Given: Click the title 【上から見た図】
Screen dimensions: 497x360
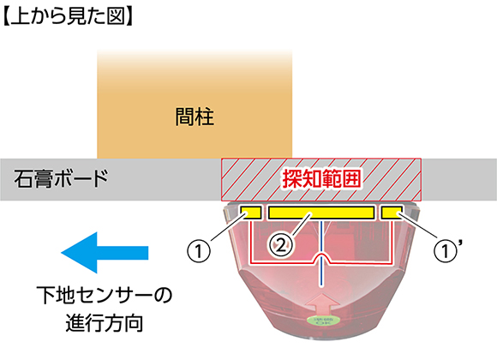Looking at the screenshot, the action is tap(67, 16).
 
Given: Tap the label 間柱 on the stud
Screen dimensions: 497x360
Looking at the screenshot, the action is tap(195, 117).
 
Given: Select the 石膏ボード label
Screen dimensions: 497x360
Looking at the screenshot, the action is tap(61, 178).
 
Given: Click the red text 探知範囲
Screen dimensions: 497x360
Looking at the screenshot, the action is tap(321, 179).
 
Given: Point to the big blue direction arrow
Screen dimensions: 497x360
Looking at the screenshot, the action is tap(105, 253).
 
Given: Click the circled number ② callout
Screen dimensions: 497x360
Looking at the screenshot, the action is tap(281, 246).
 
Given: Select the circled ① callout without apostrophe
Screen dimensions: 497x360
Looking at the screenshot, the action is tap(199, 251).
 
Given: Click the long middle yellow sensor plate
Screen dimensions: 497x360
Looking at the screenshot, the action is tap(321, 213).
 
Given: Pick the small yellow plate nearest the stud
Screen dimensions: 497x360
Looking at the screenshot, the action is tap(251, 213).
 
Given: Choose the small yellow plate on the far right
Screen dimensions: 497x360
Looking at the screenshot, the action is tap(392, 213).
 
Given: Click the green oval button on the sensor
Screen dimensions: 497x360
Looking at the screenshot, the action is tap(321, 321).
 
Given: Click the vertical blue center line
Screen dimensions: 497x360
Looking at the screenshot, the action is tap(321, 254).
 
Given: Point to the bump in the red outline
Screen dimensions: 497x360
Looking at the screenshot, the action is tap(322, 257).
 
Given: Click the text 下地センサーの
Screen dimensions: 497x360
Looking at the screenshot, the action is tap(105, 295).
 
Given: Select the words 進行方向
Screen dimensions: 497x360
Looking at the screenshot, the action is tap(105, 323).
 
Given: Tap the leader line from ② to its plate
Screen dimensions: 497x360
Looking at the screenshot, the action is tap(301, 225).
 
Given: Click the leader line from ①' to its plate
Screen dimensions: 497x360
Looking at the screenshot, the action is tap(418, 226).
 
